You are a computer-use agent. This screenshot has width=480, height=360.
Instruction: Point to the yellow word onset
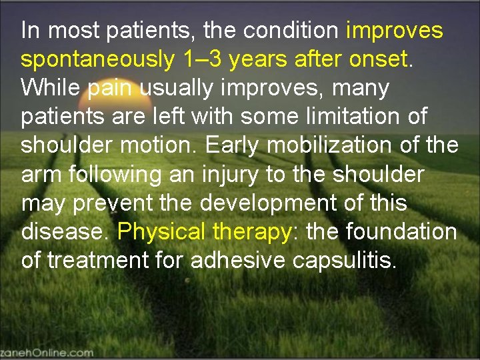378,59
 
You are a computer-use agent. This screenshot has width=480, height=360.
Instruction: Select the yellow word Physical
162,232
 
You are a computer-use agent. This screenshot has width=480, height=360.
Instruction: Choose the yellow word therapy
253,233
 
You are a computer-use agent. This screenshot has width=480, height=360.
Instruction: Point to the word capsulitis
345,261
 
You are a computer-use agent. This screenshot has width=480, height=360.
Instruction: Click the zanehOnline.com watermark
47,351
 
